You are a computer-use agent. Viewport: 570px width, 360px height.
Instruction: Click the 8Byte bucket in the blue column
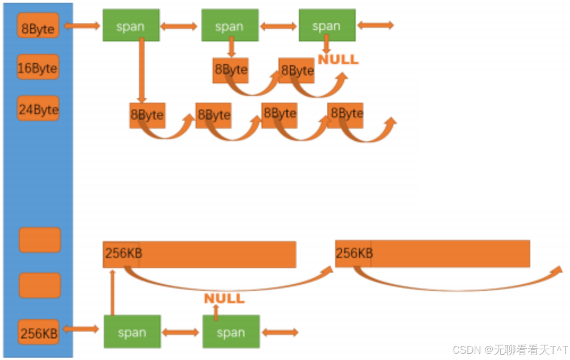pos(38,26)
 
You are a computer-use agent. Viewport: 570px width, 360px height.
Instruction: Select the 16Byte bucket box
pos(38,67)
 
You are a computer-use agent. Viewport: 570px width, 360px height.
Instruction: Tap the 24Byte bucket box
pos(38,108)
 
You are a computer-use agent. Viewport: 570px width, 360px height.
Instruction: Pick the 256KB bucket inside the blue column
pos(39,332)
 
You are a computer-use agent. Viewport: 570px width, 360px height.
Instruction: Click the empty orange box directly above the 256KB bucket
pos(40,285)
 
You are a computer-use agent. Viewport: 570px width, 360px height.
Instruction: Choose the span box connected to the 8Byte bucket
pos(131,25)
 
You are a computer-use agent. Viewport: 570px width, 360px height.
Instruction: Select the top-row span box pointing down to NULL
pos(327,25)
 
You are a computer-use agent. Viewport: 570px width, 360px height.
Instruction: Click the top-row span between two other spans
pos(230,25)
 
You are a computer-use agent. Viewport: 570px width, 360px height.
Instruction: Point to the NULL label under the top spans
pos(337,60)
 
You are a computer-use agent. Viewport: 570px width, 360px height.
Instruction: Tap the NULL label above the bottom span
pos(224,298)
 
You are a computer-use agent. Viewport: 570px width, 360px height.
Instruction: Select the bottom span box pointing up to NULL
pos(231,332)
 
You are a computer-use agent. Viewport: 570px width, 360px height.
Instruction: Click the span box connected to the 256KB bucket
pos(132,332)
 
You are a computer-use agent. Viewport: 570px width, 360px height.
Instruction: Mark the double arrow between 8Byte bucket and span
pos(83,26)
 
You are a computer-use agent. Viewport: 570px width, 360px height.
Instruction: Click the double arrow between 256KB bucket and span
pos(82,329)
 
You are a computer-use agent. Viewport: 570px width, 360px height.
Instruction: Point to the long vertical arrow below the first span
pos(142,71)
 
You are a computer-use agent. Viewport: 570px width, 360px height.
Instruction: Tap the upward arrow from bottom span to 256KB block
pos(112,292)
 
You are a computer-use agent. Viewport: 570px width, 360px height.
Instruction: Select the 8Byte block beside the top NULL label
pos(297,70)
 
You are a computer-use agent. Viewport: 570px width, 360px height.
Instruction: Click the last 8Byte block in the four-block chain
pos(345,113)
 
